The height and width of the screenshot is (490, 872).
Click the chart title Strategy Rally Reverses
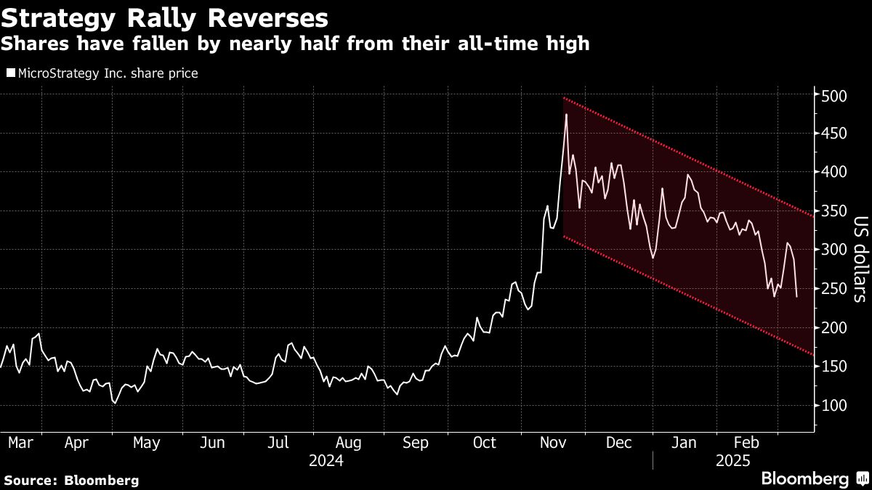[x=163, y=17]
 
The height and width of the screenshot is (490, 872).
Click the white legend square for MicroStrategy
[x=9, y=73]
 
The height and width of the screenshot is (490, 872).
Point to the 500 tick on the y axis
[x=832, y=95]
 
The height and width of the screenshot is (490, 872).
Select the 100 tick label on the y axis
[x=832, y=406]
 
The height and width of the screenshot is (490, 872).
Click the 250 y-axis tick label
[x=832, y=289]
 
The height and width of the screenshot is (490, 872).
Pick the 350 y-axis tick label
[x=832, y=211]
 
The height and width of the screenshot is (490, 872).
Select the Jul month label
[x=279, y=443]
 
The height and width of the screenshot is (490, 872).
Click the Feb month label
[x=746, y=443]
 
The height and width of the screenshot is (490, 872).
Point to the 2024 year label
[x=326, y=461]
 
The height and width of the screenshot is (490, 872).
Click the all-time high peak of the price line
[x=565, y=115]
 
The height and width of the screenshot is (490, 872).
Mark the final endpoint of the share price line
[x=797, y=296]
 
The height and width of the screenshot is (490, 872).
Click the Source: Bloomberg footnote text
[x=71, y=480]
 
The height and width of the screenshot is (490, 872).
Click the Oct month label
[x=484, y=443]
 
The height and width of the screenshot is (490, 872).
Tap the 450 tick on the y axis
[x=832, y=134]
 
